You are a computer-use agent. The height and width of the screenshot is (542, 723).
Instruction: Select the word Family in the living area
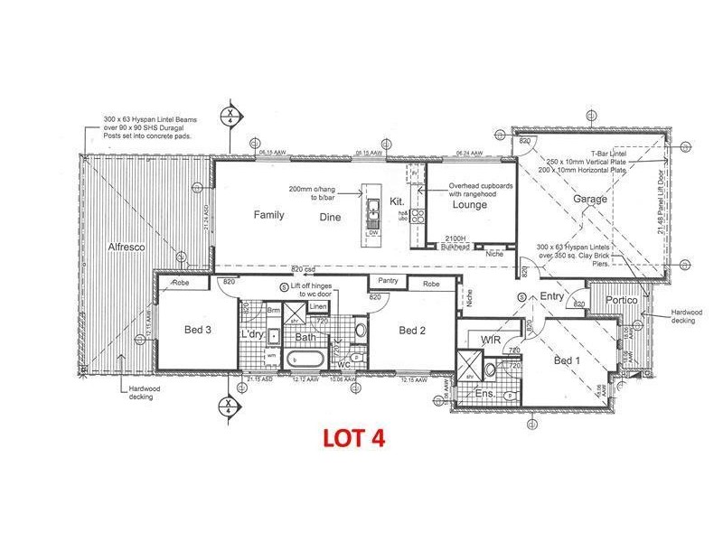tap(268, 215)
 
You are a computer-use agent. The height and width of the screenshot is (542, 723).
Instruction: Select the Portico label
tap(622, 300)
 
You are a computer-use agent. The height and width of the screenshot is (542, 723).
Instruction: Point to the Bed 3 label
tap(196, 331)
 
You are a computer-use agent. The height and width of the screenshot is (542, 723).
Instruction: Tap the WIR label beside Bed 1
tap(492, 339)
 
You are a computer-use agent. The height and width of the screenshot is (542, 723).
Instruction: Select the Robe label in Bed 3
tap(181, 283)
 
